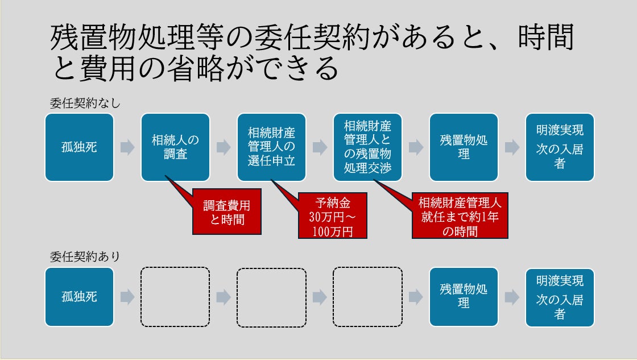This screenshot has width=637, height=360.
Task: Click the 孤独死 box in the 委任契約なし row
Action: pos(79,147)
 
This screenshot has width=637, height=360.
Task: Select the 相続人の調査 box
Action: pos(175,147)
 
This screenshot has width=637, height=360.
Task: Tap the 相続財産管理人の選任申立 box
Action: pos(271,147)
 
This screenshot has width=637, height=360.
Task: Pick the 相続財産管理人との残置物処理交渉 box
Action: pos(367,147)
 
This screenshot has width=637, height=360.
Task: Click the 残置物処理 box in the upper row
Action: pos(464,147)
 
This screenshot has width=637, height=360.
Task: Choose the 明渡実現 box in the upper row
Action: pos(560,147)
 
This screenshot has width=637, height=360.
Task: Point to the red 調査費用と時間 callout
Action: pos(227,212)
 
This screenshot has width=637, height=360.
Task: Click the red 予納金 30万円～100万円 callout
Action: pos(332,216)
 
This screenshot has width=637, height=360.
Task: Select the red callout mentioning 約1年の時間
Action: pos(460,216)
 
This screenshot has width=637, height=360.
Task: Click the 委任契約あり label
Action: pos(85,256)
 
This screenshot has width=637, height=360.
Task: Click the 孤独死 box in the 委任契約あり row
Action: pos(79,297)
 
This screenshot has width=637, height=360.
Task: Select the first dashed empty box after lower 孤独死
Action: pos(175,297)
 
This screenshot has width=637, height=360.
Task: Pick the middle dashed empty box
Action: pos(271,297)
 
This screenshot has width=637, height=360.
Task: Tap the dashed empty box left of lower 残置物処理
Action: pos(367,297)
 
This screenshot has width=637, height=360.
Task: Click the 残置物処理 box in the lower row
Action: pos(464,297)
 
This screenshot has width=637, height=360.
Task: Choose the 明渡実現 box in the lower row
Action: pos(560,297)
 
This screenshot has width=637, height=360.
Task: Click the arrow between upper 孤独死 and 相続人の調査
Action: pos(127,148)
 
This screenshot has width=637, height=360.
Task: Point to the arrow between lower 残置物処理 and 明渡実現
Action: pos(512,297)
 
